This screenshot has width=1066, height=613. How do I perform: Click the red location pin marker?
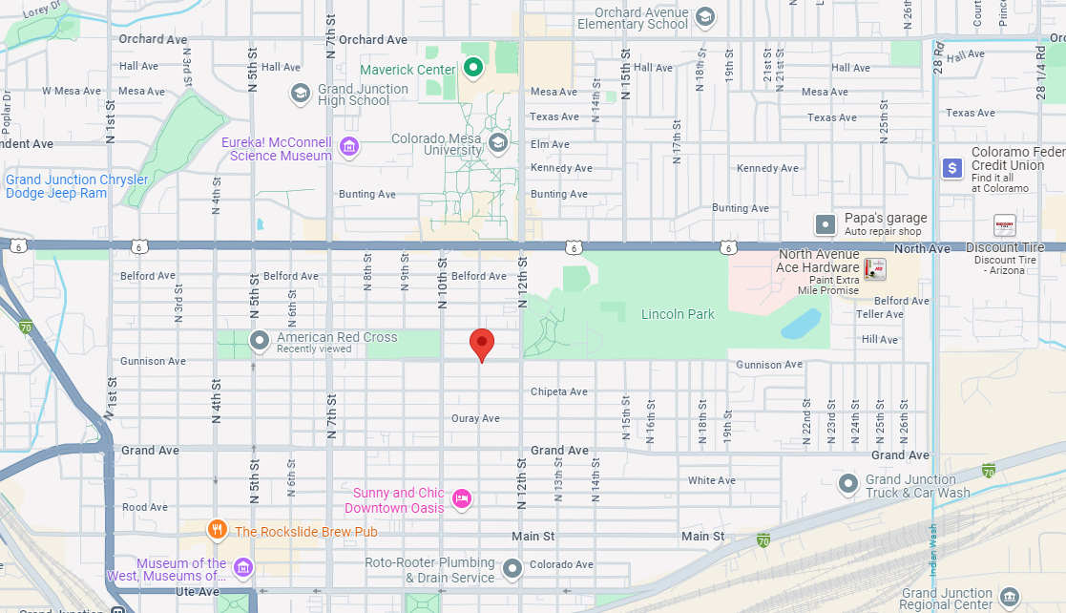pyautogui.click(x=482, y=343)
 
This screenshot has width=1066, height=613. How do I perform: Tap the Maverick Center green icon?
pyautogui.click(x=472, y=68)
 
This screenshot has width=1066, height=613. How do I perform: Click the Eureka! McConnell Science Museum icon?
pyautogui.click(x=349, y=147)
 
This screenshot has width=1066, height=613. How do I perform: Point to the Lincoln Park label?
pyautogui.click(x=678, y=314)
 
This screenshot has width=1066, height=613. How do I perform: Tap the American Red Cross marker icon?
pyautogui.click(x=259, y=340)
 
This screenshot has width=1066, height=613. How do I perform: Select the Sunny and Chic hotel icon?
pyautogui.click(x=462, y=498)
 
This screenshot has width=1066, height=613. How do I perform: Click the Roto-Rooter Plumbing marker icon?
pyautogui.click(x=512, y=569)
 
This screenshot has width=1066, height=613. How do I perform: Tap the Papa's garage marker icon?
pyautogui.click(x=826, y=224)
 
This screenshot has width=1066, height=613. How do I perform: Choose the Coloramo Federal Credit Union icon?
pyautogui.click(x=951, y=168)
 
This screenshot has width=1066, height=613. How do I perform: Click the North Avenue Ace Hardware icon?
pyautogui.click(x=874, y=269)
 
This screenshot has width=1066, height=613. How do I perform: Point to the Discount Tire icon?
pyautogui.click(x=1004, y=225)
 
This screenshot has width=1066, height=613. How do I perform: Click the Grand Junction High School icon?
pyautogui.click(x=300, y=93)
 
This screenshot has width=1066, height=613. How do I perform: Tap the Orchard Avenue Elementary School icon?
pyautogui.click(x=704, y=16)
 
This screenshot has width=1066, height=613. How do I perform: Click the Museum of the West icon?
pyautogui.click(x=243, y=568)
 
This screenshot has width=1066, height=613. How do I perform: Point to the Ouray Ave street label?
pyautogui.click(x=475, y=418)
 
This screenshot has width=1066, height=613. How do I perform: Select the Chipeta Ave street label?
pyautogui.click(x=559, y=391)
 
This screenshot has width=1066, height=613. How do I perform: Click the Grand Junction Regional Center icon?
pyautogui.click(x=1010, y=599)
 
